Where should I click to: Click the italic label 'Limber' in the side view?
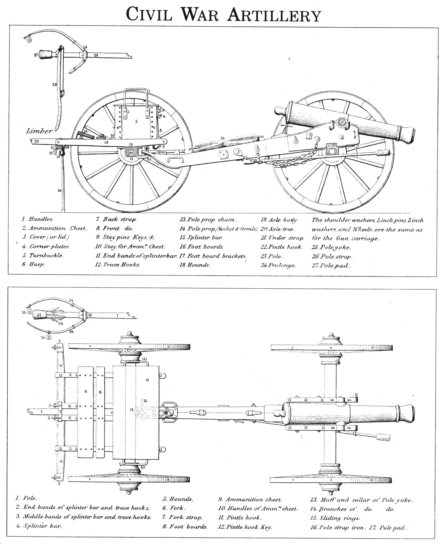coord(39,131)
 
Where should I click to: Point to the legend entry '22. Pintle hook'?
coord(282,247)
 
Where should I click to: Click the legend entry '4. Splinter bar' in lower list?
coord(39,526)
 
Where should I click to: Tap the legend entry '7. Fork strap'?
coord(183,517)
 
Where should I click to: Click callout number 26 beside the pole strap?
coord(54,85)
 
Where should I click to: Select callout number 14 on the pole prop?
coord(60,190)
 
